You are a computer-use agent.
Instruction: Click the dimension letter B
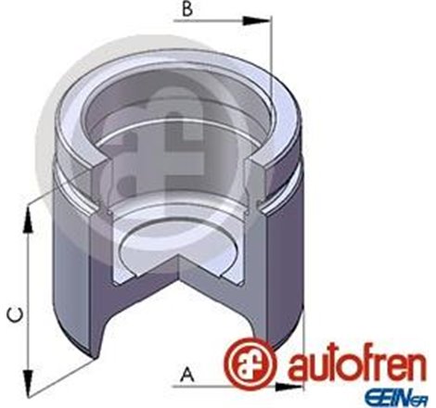[x=186, y=11]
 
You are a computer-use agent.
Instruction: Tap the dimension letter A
[x=188, y=375]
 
